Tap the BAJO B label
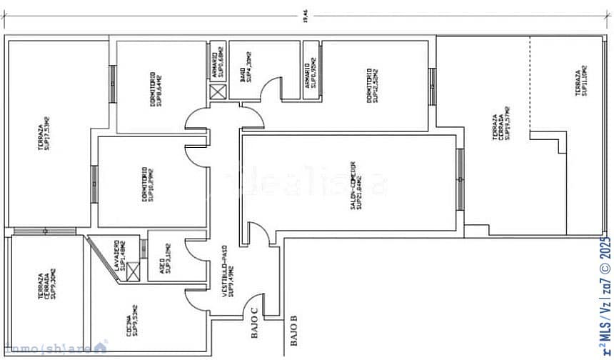(293, 333)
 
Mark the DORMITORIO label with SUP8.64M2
(156, 89)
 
